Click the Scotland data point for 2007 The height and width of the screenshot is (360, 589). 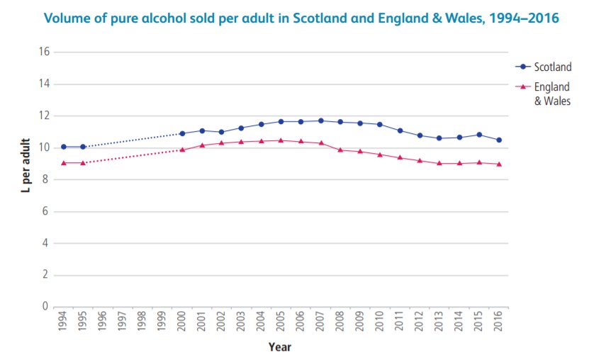(321, 120)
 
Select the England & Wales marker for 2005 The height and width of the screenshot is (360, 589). (281, 140)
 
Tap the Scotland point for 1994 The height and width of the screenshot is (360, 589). (64, 147)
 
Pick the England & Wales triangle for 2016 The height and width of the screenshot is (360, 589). (499, 164)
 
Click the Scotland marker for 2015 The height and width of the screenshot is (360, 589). (479, 135)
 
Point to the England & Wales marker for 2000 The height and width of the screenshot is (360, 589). (182, 150)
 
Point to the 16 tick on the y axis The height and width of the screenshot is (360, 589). (44, 52)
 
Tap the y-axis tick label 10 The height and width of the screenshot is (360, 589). (44, 147)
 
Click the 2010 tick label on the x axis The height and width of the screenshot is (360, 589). (381, 322)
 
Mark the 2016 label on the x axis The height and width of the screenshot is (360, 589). (499, 322)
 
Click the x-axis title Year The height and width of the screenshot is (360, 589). (279, 347)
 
